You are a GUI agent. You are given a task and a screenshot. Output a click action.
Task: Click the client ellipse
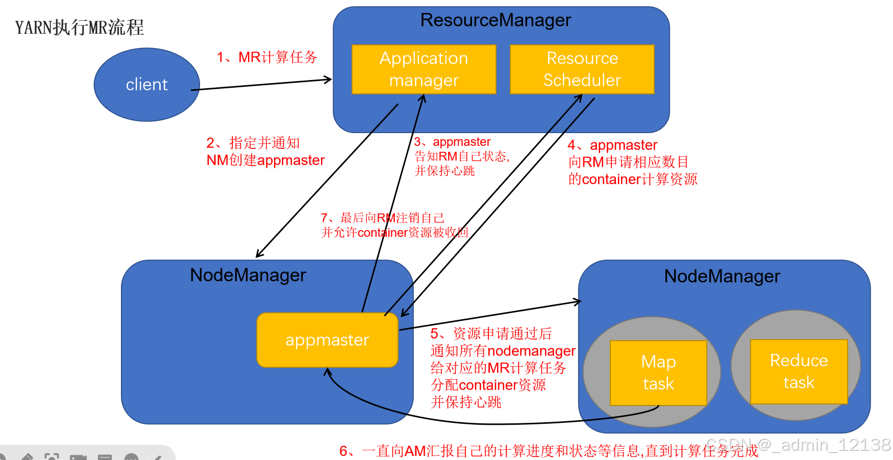[146, 85]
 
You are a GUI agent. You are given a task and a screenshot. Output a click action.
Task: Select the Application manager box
[424, 69]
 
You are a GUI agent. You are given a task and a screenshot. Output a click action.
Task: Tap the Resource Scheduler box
[582, 69]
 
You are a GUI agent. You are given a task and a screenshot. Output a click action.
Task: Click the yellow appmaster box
[327, 340]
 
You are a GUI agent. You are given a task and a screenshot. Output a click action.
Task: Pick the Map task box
[658, 373]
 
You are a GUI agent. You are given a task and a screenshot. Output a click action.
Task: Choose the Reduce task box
[799, 372]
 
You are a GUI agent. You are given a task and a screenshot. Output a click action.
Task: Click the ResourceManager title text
[495, 20]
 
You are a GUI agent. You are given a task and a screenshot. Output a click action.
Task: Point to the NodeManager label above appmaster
[248, 275]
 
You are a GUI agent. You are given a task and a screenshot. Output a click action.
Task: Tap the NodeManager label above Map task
[722, 276]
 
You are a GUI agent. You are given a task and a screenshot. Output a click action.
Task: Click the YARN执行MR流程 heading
[80, 28]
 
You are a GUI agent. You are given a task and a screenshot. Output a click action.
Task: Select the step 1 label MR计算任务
[267, 57]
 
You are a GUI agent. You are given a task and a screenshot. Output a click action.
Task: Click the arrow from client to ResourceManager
[261, 85]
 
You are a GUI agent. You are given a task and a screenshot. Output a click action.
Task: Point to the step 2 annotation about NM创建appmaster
[265, 152]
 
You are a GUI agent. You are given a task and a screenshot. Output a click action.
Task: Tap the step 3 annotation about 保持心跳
[461, 156]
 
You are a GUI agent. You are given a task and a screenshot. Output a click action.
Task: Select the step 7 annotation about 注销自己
[394, 225]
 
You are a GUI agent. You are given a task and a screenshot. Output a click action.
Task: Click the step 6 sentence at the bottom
[549, 451]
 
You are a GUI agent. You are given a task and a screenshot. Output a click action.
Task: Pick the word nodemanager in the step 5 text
[531, 351]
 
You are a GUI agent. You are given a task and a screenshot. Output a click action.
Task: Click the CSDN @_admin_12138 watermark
[798, 445]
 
